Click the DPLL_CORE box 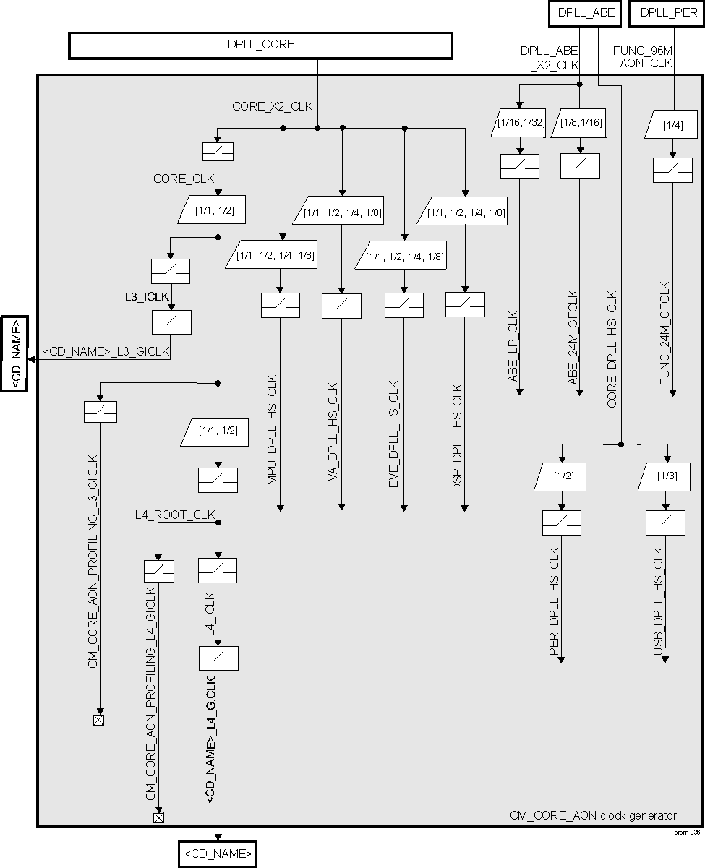point(260,46)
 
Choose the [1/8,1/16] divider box point(581,123)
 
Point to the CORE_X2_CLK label point(272,106)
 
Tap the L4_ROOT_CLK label point(175,515)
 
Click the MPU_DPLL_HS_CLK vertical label point(273,442)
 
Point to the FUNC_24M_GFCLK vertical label point(665,338)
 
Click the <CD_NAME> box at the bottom point(218,854)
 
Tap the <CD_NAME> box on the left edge point(14,353)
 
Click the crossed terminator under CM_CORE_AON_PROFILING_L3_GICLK point(98,720)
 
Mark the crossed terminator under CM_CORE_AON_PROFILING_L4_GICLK point(158,817)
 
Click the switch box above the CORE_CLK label point(218,151)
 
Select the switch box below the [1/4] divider point(672,170)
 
